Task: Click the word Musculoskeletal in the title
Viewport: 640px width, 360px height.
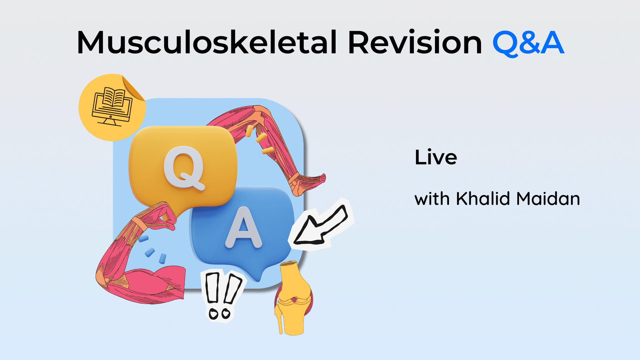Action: (x=207, y=43)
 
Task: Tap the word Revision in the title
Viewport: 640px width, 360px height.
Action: (x=415, y=43)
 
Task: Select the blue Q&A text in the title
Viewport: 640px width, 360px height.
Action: (x=528, y=43)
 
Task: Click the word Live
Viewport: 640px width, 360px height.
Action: (x=436, y=157)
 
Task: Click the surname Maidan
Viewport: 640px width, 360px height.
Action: (x=548, y=199)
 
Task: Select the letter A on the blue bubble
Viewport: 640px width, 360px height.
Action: (x=244, y=228)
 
